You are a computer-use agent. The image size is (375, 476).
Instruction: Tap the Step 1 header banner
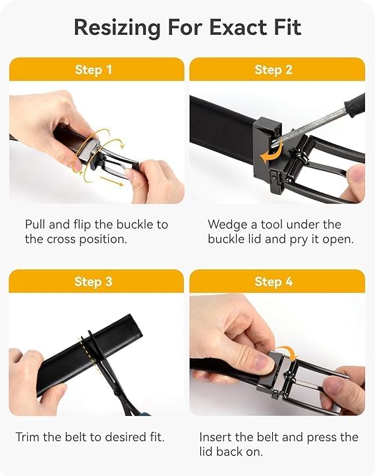click(96, 70)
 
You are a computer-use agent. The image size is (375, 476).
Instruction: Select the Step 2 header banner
click(277, 70)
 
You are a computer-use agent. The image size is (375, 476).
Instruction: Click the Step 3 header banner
click(96, 282)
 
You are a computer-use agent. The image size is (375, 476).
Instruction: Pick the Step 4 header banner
click(277, 282)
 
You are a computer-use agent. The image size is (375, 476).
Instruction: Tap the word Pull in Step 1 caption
click(36, 225)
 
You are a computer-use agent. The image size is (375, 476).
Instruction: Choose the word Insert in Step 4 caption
click(217, 436)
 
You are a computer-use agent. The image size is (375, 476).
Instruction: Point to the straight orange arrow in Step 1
click(111, 184)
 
